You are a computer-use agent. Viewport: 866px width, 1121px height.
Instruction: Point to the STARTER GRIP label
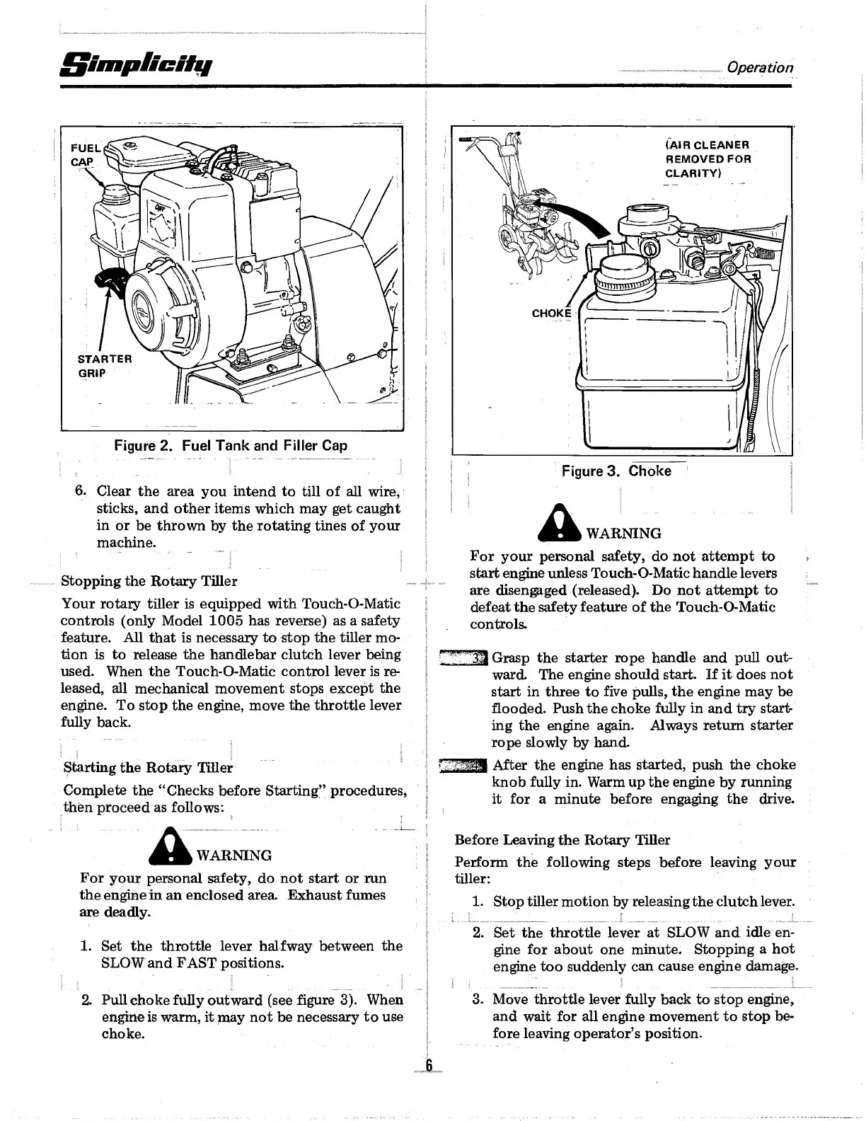(x=103, y=365)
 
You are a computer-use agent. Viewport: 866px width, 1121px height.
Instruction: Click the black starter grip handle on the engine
(x=111, y=282)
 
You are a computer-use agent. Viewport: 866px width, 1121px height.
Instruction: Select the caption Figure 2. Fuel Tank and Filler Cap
(x=231, y=446)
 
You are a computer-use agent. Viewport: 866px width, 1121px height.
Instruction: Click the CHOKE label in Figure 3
(x=551, y=313)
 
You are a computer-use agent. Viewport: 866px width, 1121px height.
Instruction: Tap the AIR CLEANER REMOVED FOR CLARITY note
(x=708, y=159)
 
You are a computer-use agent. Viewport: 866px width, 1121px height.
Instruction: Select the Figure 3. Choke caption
(x=616, y=471)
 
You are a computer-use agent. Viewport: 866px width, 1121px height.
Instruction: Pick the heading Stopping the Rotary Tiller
(x=149, y=581)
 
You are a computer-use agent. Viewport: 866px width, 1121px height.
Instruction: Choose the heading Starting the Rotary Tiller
(x=148, y=768)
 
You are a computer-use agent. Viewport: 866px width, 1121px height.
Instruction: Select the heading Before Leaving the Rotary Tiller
(x=562, y=840)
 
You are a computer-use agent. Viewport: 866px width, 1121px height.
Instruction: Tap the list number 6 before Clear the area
(x=81, y=491)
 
